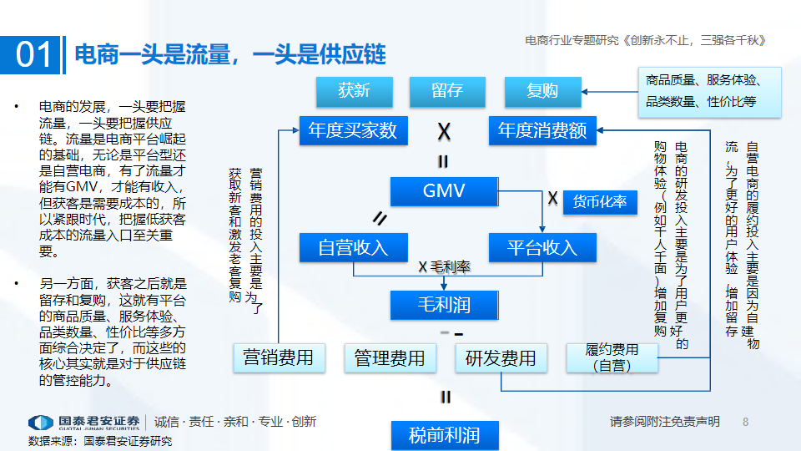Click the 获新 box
tap(355, 91)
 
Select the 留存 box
tap(447, 91)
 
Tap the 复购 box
tap(542, 91)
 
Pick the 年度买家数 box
tap(352, 130)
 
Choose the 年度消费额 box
tap(542, 130)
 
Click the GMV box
tap(444, 190)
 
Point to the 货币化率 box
tap(600, 202)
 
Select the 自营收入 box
tap(354, 247)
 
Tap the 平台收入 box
tap(542, 247)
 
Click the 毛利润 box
tap(444, 305)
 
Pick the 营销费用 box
tap(279, 358)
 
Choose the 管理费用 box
tap(390, 358)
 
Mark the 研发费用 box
tap(501, 358)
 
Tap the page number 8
tap(746, 422)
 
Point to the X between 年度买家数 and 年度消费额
tap(445, 132)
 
